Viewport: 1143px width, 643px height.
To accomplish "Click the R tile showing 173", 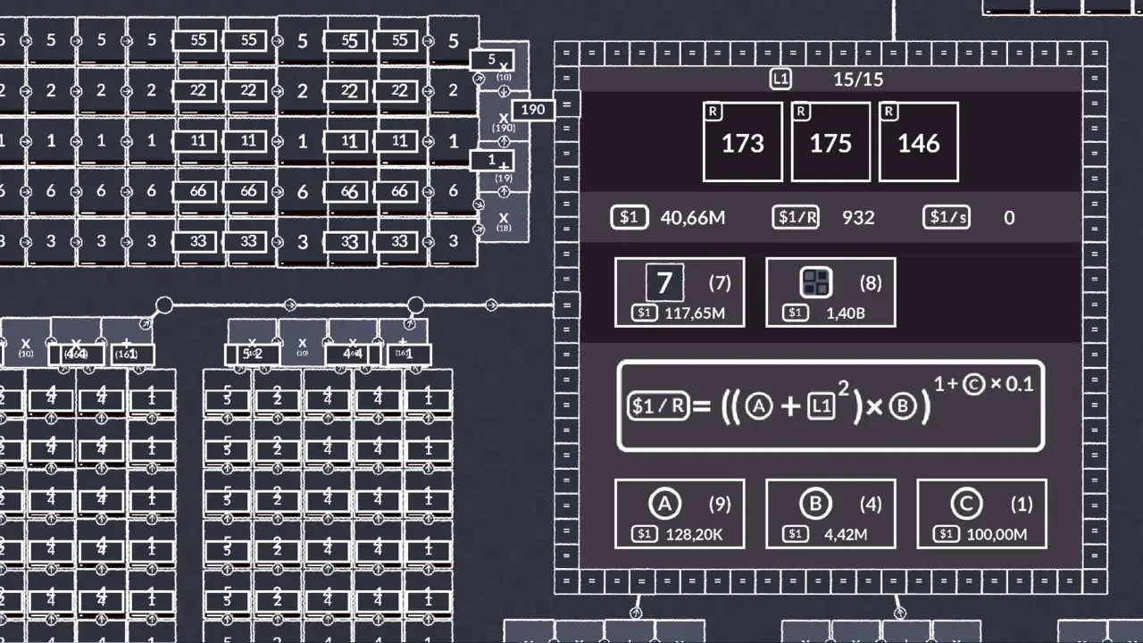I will pos(742,142).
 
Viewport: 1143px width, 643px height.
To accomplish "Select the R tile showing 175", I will pos(830,142).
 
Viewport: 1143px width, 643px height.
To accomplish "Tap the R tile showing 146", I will pos(919,142).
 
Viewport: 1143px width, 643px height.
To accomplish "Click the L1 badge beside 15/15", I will pos(780,79).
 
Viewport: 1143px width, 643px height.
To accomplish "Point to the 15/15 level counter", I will pos(858,79).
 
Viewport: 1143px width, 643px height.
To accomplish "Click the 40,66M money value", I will pos(693,217).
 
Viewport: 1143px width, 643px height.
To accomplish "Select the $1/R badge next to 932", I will pos(796,217).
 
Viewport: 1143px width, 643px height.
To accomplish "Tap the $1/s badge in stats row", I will pos(947,217).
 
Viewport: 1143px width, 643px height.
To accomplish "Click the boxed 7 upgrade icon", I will pos(664,283).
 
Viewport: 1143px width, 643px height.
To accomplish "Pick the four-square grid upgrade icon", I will pos(816,283).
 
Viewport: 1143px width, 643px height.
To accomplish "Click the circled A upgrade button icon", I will pos(664,505).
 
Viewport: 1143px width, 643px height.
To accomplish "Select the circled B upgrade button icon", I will pos(815,505).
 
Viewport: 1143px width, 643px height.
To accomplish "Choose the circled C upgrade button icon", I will pos(966,505).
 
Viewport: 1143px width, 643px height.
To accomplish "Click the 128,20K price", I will pos(694,535).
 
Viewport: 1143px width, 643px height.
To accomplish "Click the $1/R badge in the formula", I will pos(659,406).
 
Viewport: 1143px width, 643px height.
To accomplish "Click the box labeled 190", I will pos(532,110).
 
